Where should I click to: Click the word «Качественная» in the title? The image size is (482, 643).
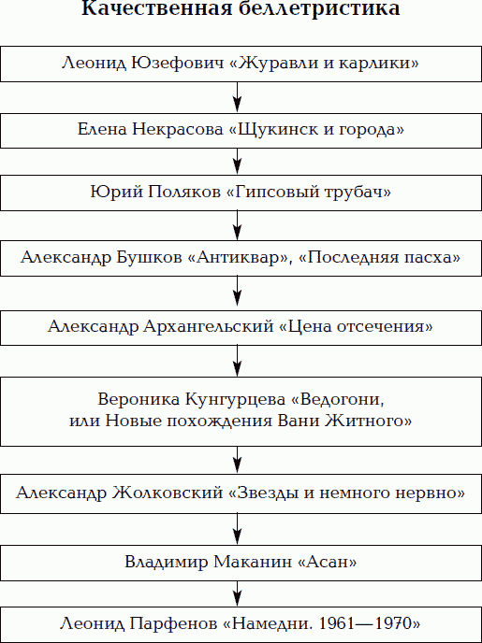(x=156, y=8)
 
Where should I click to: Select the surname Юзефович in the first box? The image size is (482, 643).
(x=178, y=64)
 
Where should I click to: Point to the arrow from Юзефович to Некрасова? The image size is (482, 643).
(x=238, y=97)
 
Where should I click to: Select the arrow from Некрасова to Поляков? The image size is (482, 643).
(x=238, y=162)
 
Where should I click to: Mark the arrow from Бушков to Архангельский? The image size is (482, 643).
(x=238, y=293)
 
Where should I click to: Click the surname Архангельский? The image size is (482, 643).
(x=209, y=327)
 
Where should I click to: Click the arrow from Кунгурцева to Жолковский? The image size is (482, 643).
(x=238, y=460)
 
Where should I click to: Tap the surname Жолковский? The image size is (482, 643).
(x=168, y=493)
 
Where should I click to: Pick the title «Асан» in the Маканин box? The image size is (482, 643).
(x=327, y=562)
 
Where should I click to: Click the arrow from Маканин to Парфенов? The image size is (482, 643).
(x=238, y=593)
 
